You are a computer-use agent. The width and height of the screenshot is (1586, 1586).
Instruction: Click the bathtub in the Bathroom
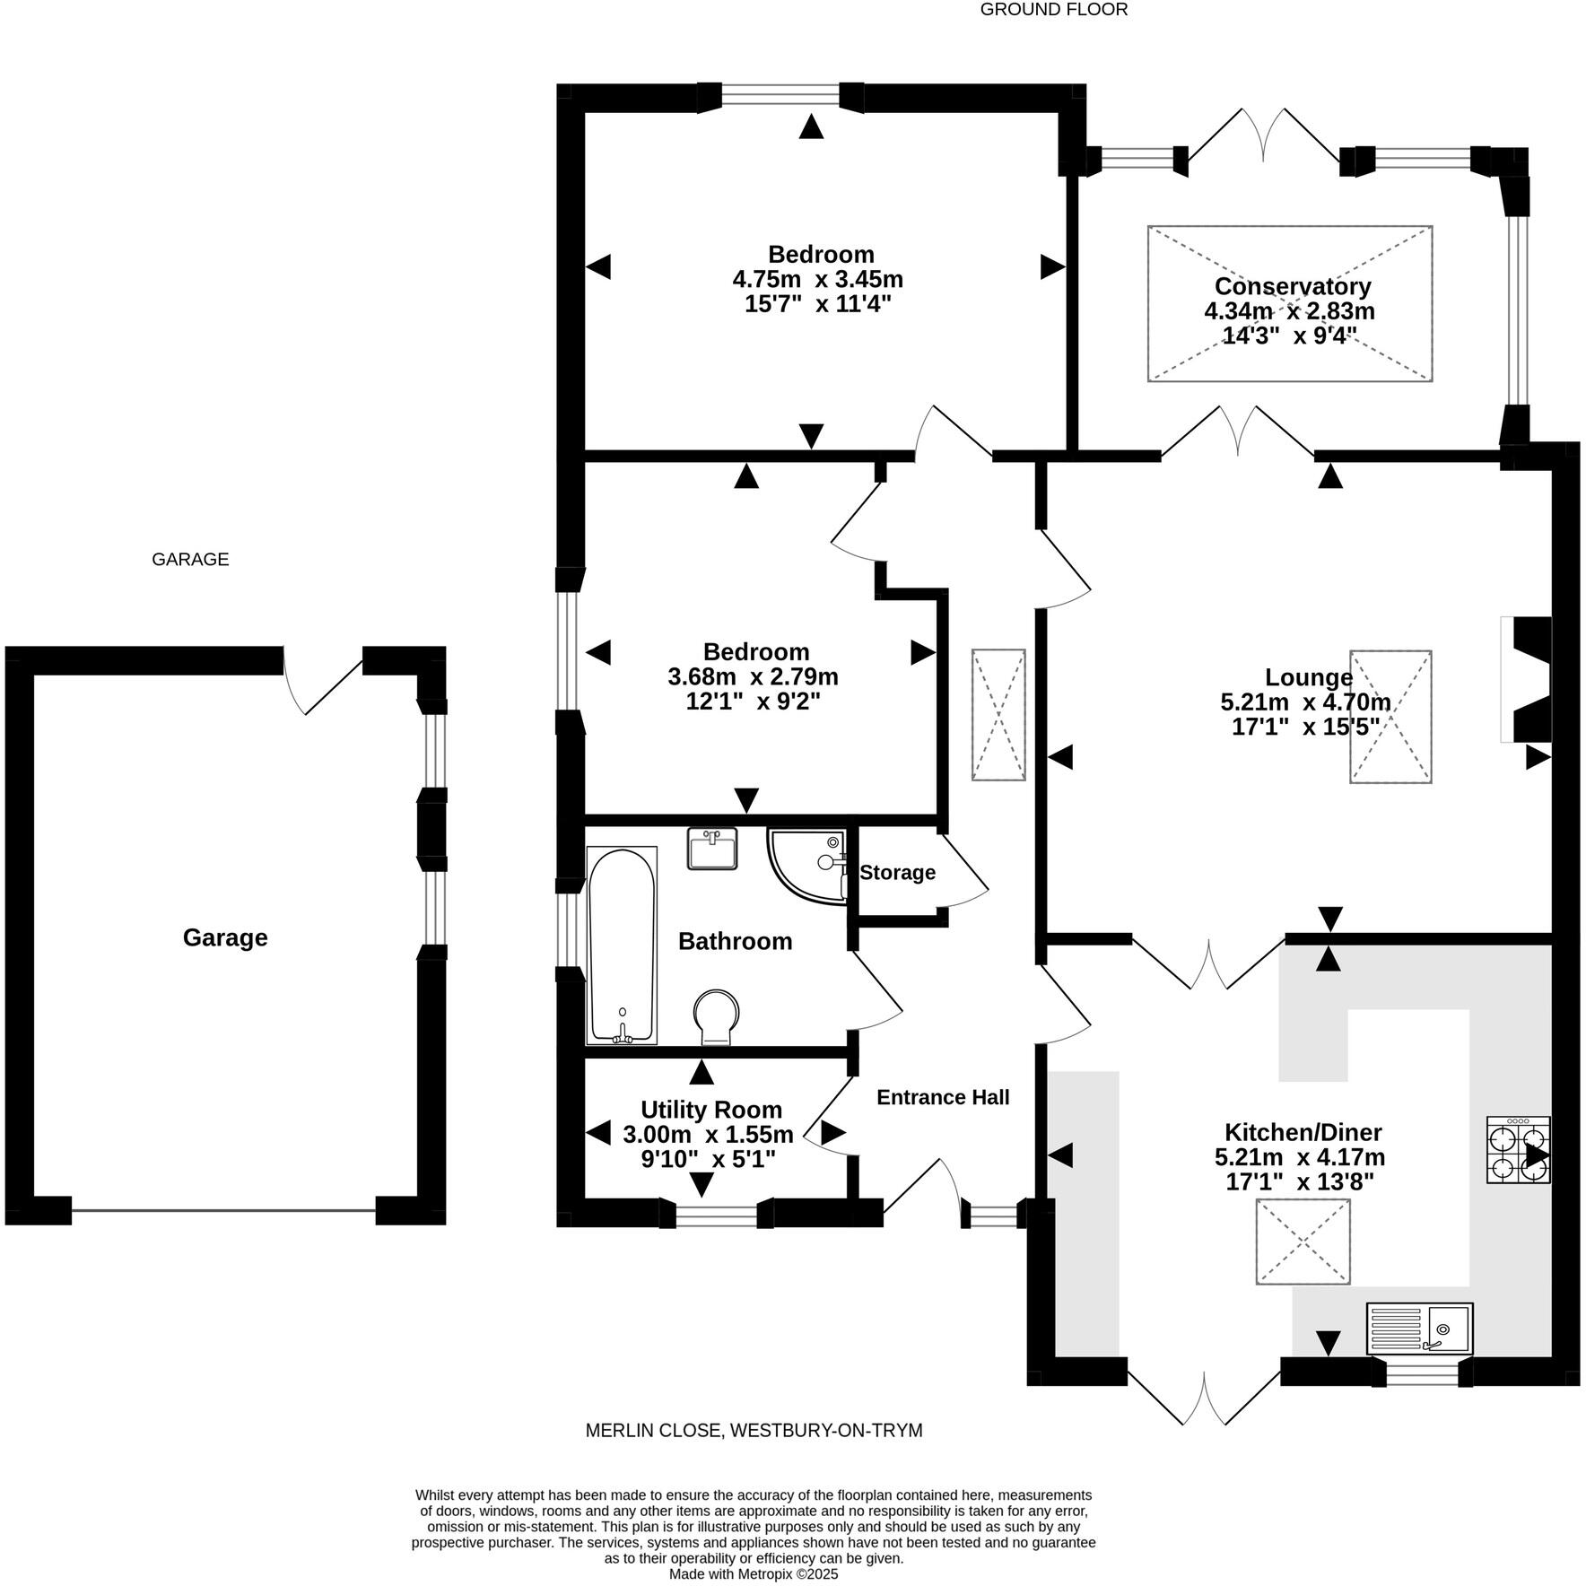[x=622, y=945]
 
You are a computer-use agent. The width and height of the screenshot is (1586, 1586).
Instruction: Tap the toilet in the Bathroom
[x=718, y=1016]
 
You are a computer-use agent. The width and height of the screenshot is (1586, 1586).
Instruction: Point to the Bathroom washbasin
[x=712, y=848]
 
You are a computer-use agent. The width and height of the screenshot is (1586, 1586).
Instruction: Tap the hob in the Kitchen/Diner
[x=1518, y=1149]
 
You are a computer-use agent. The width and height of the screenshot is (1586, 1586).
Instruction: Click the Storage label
[x=897, y=873]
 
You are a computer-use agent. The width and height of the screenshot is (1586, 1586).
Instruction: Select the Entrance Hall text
[x=943, y=1097]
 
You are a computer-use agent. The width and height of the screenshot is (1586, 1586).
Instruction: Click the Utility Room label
[x=711, y=1110]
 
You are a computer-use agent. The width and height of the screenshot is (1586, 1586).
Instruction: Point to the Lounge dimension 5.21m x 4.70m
[x=1305, y=702]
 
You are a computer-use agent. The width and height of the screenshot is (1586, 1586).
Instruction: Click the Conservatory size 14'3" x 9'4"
[x=1289, y=336]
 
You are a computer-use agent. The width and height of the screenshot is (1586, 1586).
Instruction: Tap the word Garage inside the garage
[x=225, y=937]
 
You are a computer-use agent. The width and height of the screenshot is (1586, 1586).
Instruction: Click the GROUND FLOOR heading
[x=1053, y=10]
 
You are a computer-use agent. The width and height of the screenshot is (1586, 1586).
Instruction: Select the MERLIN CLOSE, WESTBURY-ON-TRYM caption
[x=754, y=1430]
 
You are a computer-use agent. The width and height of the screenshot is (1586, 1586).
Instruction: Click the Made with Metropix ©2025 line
[x=754, y=1573]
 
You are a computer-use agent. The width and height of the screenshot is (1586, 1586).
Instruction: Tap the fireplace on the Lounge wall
[x=1529, y=679]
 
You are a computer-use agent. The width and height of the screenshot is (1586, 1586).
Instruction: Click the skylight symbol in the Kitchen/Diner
[x=1303, y=1242]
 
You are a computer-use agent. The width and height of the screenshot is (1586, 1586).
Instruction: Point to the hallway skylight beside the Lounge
[x=998, y=715]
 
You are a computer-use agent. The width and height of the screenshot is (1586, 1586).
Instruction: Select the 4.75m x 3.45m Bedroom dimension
[x=817, y=279]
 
